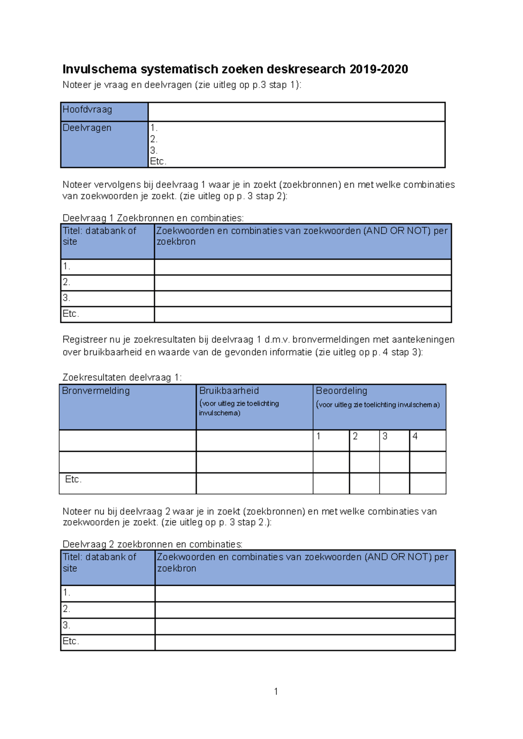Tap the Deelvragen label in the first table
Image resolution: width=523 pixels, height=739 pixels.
[x=87, y=128]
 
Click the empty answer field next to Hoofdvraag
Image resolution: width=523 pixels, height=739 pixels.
[x=296, y=112]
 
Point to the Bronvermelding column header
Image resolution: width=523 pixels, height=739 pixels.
[x=96, y=391]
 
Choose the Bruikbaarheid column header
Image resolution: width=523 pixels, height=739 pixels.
[x=229, y=391]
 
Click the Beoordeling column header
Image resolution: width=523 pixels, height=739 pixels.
[x=342, y=391]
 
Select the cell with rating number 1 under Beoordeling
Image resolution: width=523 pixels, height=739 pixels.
[x=331, y=440]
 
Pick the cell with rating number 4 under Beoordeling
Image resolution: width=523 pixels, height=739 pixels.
[x=428, y=440]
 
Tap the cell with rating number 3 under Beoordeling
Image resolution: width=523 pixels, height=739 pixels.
[x=394, y=440]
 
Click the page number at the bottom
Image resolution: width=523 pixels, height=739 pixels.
[x=276, y=692]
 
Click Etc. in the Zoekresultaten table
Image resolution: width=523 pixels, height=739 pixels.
[x=73, y=480]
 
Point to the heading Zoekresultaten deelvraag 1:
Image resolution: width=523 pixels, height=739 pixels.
[x=122, y=377]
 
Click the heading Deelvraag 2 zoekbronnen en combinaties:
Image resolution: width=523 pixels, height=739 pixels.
[x=153, y=544]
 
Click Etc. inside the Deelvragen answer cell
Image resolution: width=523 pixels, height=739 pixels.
[x=158, y=161]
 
